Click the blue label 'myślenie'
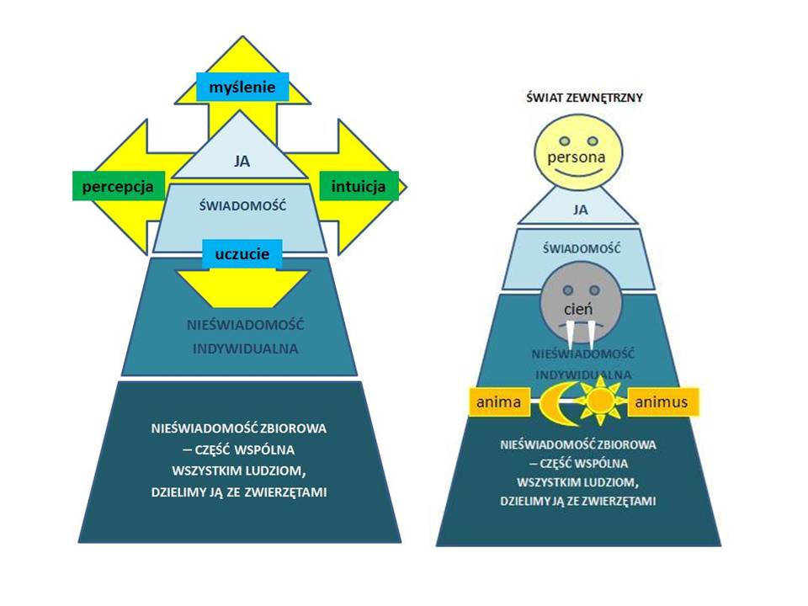click(x=242, y=85)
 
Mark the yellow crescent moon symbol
click(x=555, y=402)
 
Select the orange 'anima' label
click(x=498, y=402)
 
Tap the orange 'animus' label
click(x=662, y=402)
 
